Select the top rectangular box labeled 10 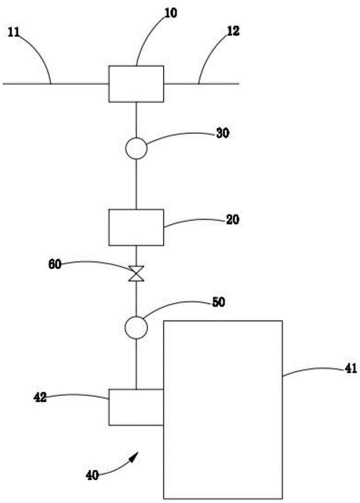136,83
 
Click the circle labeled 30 136,149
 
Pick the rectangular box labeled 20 136,227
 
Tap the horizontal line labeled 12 201,83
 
